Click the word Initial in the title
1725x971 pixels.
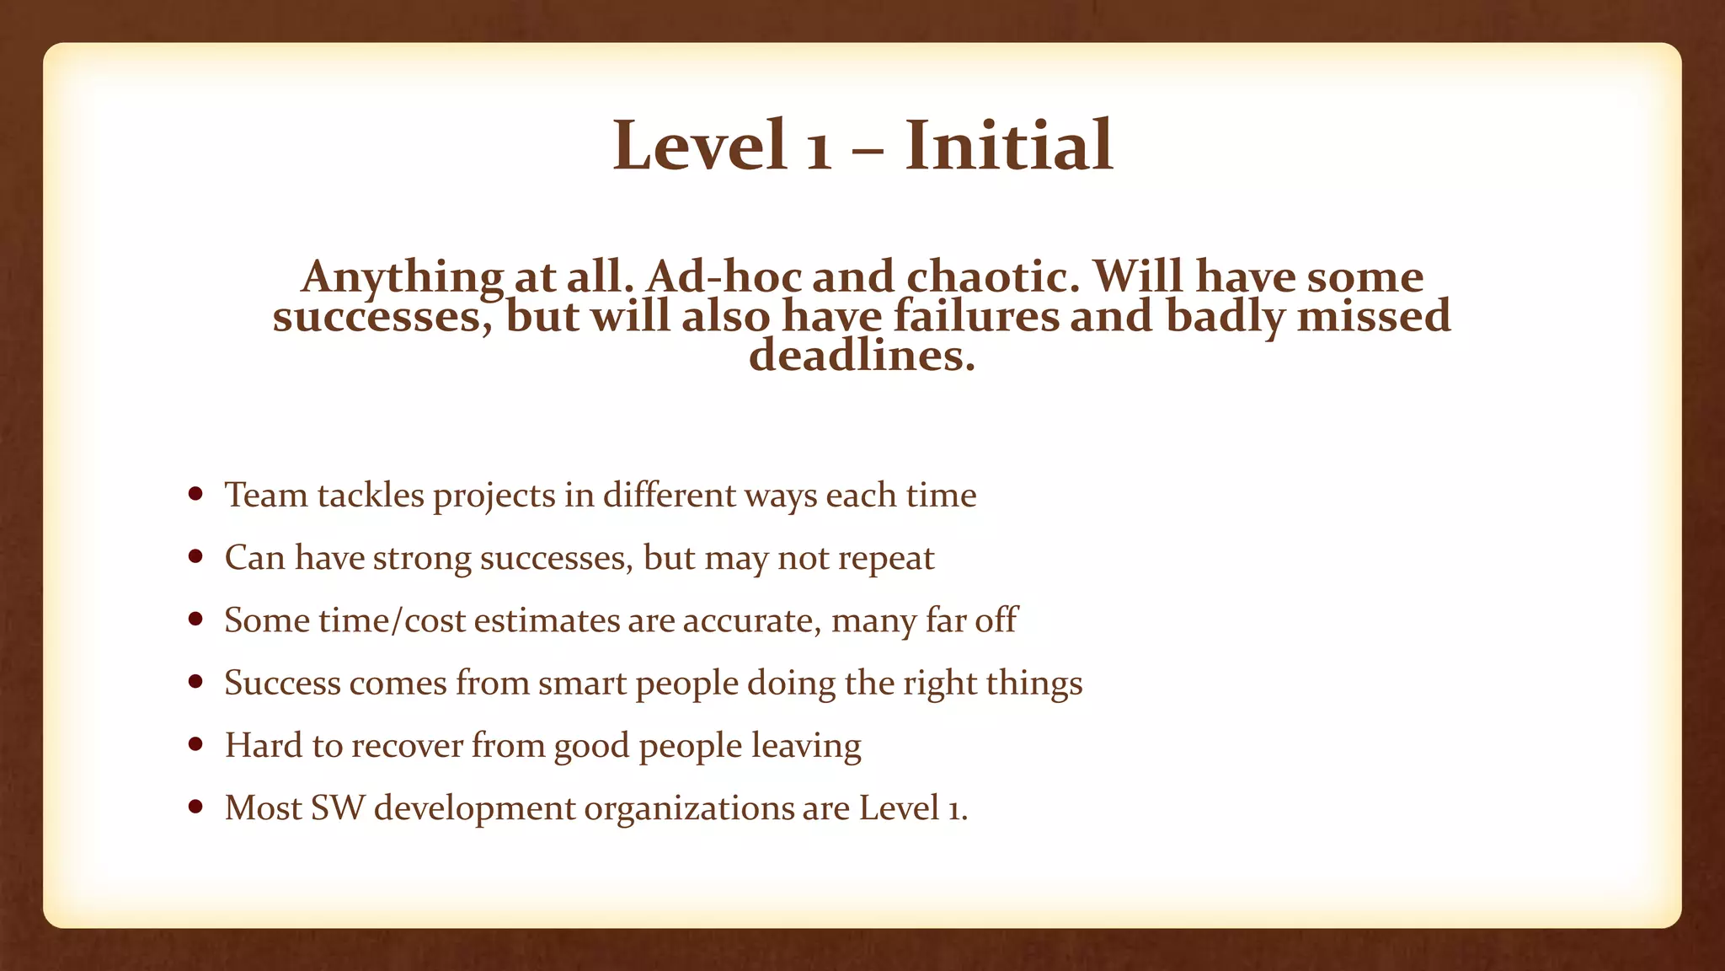point(1009,146)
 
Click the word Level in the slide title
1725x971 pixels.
point(699,146)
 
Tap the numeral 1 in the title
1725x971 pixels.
point(819,152)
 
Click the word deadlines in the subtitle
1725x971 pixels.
point(861,355)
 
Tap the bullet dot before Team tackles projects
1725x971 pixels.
point(196,494)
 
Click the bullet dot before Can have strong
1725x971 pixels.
point(196,556)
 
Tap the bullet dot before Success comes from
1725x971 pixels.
point(196,682)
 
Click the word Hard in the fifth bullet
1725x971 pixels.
point(261,745)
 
